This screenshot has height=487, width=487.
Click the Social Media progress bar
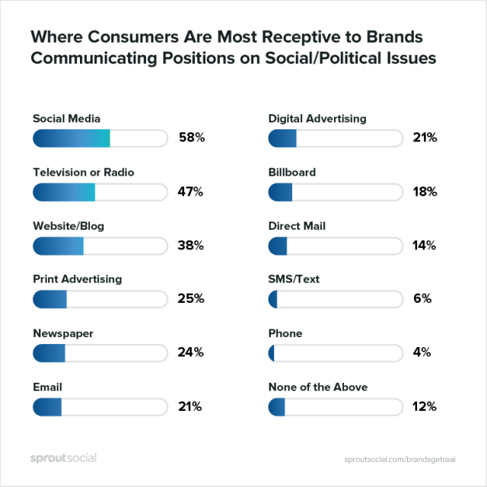pos(100,138)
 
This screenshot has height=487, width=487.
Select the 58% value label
pos(192,138)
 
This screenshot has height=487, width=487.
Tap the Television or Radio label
pos(84,172)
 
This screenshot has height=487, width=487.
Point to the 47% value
pos(192,192)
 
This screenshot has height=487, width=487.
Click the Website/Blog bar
pos(100,246)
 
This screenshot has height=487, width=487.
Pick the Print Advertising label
pos(77,279)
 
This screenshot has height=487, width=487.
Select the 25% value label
pos(192,299)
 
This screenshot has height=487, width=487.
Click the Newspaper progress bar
pos(100,352)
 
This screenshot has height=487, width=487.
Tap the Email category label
pos(47,387)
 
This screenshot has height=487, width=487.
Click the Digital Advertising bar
pos(336,138)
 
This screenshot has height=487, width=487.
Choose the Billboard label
pos(292,172)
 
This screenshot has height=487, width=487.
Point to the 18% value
pos(424,192)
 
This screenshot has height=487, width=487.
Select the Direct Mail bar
pos(336,246)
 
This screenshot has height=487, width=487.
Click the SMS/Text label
pos(294,279)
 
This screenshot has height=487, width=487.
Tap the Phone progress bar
pos(336,352)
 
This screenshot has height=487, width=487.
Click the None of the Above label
pos(318,387)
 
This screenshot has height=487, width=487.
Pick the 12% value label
pos(424,406)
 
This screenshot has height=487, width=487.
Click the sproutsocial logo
pos(63,457)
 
